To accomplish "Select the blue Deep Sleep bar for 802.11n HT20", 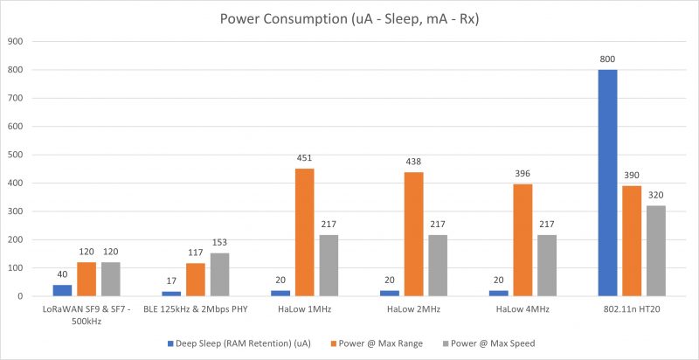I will point(607,183).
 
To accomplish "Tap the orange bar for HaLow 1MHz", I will point(304,232).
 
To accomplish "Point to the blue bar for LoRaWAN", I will point(61,290).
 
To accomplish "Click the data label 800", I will point(607,59).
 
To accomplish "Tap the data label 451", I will point(304,158).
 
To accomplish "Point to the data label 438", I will point(414,163).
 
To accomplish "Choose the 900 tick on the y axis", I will point(16,41).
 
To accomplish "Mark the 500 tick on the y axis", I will point(16,155).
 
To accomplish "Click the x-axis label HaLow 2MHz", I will point(414,309).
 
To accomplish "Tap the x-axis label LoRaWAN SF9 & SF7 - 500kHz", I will point(87,315).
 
